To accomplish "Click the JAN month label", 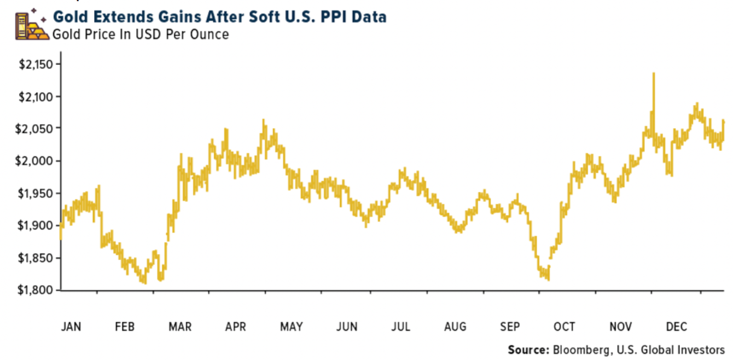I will (71, 327).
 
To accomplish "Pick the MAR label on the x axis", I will (180, 327).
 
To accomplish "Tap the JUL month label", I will (400, 327).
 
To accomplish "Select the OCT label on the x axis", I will (564, 327).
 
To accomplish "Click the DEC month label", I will (676, 327).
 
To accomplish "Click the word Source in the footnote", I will (527, 350).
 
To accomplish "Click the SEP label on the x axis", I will (509, 327).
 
